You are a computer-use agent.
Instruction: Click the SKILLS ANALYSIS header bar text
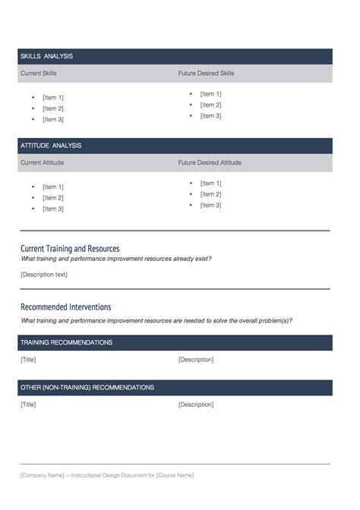point(46,56)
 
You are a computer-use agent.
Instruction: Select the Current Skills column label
point(39,74)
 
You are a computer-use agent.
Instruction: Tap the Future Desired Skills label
point(206,74)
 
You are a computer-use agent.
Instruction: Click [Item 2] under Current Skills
point(53,109)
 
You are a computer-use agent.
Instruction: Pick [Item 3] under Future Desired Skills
point(210,116)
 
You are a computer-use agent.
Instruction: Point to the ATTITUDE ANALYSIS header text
point(51,146)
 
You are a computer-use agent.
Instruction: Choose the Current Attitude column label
point(42,162)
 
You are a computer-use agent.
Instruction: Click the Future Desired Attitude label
point(210,162)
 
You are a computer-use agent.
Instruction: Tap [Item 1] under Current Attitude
point(53,187)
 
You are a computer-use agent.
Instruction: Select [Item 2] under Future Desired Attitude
point(210,194)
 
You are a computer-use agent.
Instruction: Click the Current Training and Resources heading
point(70,248)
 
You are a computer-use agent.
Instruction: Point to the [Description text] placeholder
point(44,274)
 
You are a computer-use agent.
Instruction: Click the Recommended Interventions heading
point(66,307)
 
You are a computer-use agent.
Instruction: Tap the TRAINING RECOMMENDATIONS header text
point(67,343)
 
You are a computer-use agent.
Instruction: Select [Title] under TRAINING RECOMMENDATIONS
point(28,360)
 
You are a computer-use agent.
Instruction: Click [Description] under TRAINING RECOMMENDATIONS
point(196,360)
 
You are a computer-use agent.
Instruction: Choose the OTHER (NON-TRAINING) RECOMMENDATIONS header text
point(87,388)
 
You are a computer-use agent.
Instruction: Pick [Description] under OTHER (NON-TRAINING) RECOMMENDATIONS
point(196,405)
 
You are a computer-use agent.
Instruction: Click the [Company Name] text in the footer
point(42,475)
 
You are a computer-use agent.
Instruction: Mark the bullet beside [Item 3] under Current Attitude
point(33,209)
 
